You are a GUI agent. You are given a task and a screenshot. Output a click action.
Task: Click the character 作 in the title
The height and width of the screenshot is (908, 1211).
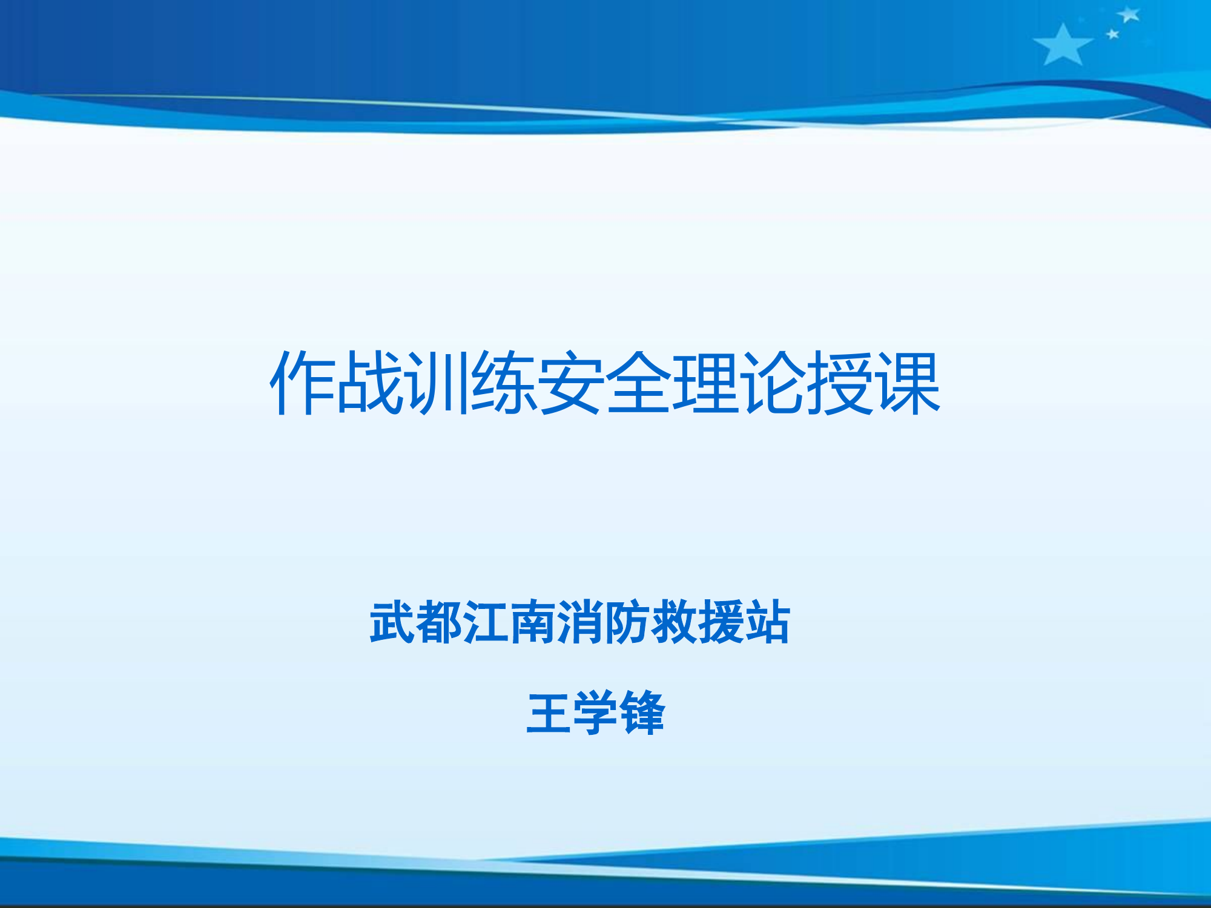point(303,383)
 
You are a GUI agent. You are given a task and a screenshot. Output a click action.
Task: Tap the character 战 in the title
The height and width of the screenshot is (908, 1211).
point(370,383)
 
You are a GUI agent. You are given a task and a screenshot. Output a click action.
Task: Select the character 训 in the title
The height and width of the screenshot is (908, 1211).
point(437,383)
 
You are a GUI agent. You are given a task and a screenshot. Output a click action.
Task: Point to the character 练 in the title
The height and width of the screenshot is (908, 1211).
point(504,383)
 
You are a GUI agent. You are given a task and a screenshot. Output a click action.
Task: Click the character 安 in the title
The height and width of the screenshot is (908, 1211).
point(572,383)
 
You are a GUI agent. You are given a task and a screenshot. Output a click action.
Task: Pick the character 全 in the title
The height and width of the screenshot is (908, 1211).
point(639,383)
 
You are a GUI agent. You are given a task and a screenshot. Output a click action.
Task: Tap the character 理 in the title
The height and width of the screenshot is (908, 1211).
point(706,383)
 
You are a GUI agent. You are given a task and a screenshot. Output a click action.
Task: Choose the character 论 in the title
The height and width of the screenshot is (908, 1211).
point(773,383)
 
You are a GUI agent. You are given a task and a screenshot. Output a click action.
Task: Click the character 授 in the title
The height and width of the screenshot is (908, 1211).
point(840,383)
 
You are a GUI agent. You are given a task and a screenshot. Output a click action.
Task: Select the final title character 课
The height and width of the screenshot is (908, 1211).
point(908,383)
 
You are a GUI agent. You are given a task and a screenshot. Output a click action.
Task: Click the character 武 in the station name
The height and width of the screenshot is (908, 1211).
point(393,622)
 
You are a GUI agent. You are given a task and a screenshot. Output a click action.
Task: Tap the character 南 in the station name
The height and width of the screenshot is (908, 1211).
point(533,622)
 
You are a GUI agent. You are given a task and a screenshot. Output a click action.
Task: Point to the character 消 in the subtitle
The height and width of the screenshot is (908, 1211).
point(579,622)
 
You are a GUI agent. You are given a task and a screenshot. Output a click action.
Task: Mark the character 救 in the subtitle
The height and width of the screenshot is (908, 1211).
point(673,622)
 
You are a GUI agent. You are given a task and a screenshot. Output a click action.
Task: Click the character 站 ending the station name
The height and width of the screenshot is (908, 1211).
point(767,622)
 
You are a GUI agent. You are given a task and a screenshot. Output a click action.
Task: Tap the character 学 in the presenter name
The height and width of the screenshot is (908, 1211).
point(596,712)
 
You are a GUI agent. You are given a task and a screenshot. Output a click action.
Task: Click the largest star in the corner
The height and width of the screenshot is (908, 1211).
point(1063,46)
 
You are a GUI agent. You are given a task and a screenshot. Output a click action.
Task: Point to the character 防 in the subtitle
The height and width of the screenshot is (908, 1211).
point(626,622)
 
